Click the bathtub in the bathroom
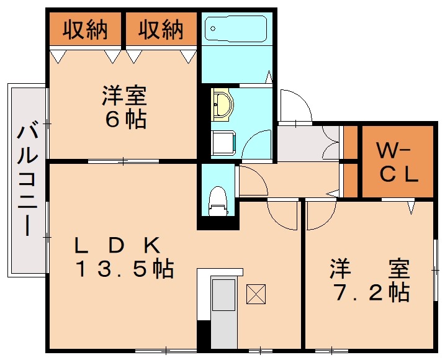[x=236, y=29]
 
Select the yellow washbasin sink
[x=223, y=104]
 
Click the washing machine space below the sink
[x=223, y=143]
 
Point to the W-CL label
[x=397, y=163]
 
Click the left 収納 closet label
[x=85, y=29]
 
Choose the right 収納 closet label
[x=161, y=29]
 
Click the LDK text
[x=117, y=245]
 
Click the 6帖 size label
[x=126, y=119]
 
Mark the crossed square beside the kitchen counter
[x=256, y=294]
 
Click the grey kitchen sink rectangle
[x=224, y=295]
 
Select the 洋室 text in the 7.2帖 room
[x=370, y=269]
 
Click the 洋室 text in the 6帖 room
[x=125, y=96]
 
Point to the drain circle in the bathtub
[x=212, y=29]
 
